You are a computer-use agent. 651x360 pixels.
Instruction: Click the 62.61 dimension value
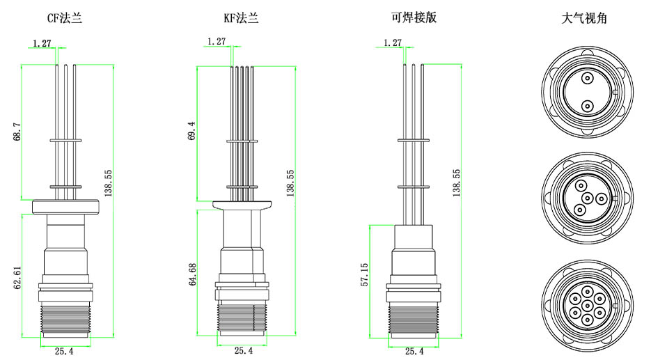[x=17, y=274]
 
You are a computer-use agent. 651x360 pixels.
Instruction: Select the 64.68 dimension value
[x=192, y=274]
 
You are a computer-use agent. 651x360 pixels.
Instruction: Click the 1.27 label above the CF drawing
[x=42, y=43]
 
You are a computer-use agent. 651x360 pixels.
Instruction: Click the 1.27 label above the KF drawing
[x=217, y=42]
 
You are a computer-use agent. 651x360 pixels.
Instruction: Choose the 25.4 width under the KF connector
[x=243, y=351]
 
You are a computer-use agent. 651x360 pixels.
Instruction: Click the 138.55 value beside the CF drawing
[x=109, y=182]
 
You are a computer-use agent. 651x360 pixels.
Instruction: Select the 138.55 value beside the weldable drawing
[x=457, y=182]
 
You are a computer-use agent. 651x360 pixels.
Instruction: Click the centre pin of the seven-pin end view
[x=587, y=305]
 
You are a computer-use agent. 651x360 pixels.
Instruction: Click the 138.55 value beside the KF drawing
[x=290, y=182]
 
